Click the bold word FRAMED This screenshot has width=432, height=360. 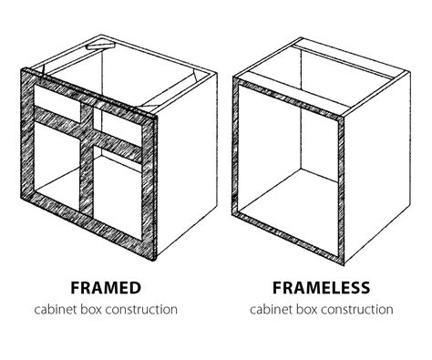[x=106, y=288]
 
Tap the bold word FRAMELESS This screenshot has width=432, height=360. [x=322, y=288]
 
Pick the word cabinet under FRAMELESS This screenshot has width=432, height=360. [x=269, y=310]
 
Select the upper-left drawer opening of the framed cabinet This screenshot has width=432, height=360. [x=57, y=97]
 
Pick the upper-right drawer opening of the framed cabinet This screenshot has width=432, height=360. [x=118, y=123]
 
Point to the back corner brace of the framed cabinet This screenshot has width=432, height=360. [x=100, y=46]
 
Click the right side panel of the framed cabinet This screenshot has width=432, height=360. [x=187, y=166]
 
